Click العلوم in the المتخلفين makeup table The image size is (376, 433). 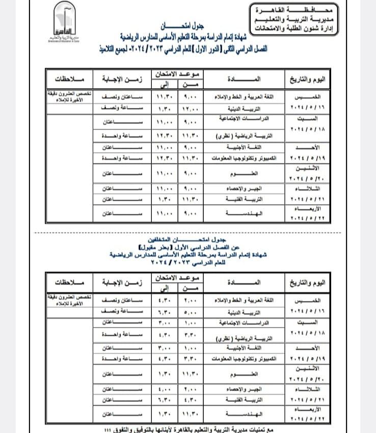tap(238, 374)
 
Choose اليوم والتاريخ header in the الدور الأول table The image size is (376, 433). tap(310, 79)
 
